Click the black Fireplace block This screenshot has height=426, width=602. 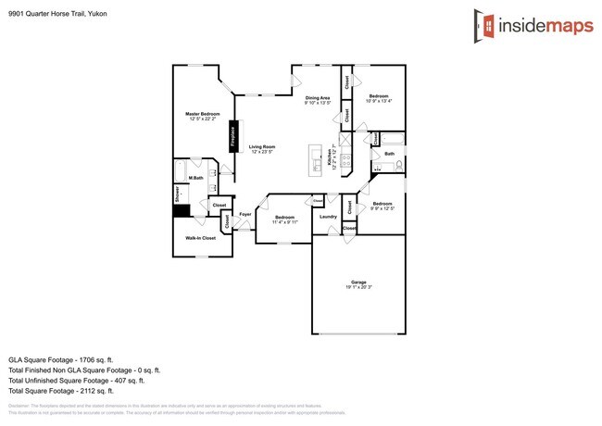click(x=234, y=135)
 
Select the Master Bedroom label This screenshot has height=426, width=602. click(x=202, y=116)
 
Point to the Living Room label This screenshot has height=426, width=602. click(x=262, y=149)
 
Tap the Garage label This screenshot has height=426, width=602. click(x=357, y=283)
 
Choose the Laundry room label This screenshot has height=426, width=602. click(x=328, y=217)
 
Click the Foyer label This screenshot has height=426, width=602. click(x=245, y=214)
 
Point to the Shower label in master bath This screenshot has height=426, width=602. click(x=177, y=194)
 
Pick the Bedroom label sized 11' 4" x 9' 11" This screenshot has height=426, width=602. click(x=284, y=219)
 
